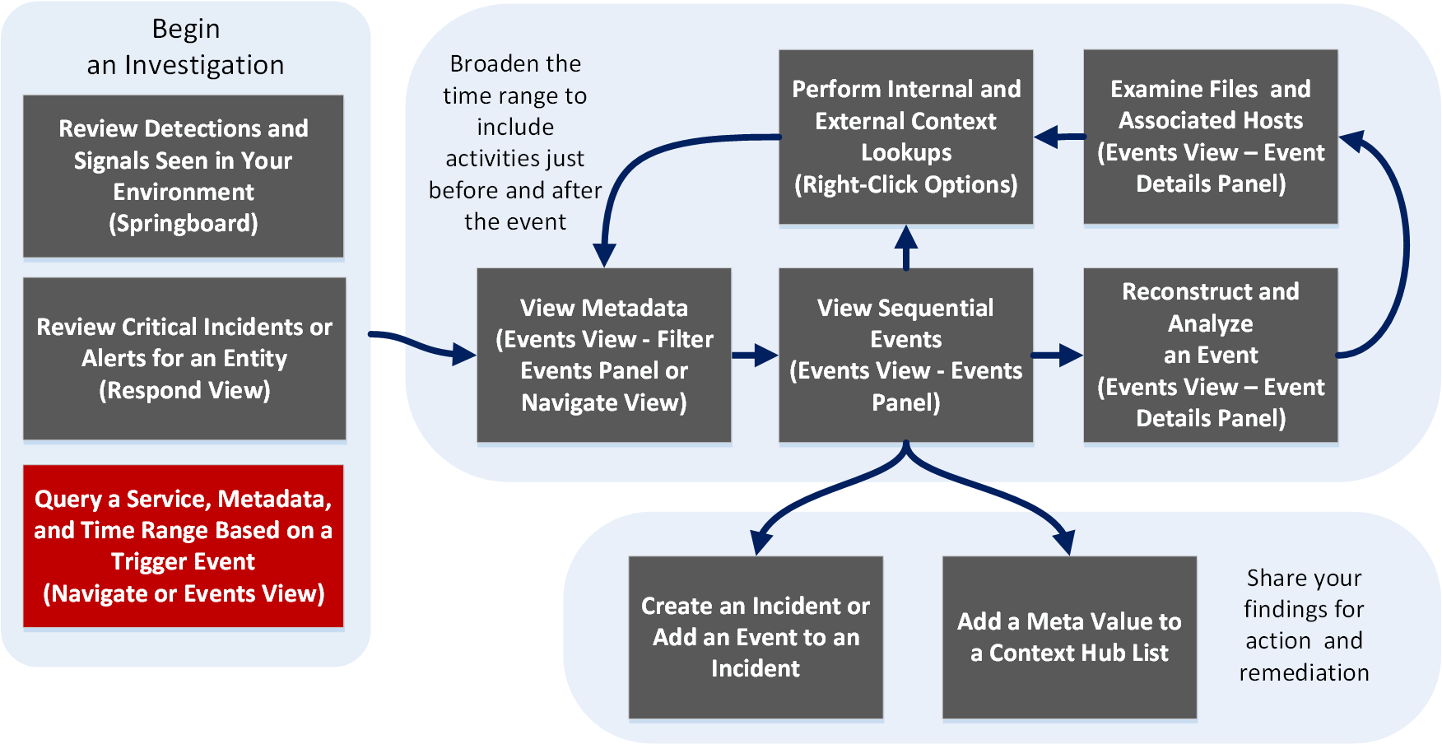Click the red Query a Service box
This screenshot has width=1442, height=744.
click(x=183, y=546)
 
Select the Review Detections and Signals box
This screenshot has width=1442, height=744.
click(x=183, y=175)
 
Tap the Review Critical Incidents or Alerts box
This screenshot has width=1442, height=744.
click(x=184, y=358)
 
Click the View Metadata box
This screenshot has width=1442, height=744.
click(x=603, y=355)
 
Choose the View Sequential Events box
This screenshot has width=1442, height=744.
click(x=905, y=355)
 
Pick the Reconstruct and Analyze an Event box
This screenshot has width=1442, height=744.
click(x=1210, y=355)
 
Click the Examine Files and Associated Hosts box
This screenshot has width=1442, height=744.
click(x=1210, y=137)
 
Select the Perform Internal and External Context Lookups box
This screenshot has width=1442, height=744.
click(x=905, y=137)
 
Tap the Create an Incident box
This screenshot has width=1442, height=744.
click(x=756, y=637)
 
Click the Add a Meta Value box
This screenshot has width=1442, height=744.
click(x=1068, y=637)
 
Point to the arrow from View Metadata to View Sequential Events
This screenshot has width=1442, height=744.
click(x=754, y=356)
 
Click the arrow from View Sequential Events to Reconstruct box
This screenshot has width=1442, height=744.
click(x=1057, y=356)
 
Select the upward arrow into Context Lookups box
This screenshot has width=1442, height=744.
click(x=906, y=247)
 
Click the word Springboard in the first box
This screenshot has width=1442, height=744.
click(x=184, y=224)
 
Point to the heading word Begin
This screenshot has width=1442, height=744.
click(x=186, y=29)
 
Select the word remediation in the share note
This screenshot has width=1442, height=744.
click(x=1304, y=673)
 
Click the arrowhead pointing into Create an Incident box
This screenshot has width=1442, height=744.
click(x=761, y=543)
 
